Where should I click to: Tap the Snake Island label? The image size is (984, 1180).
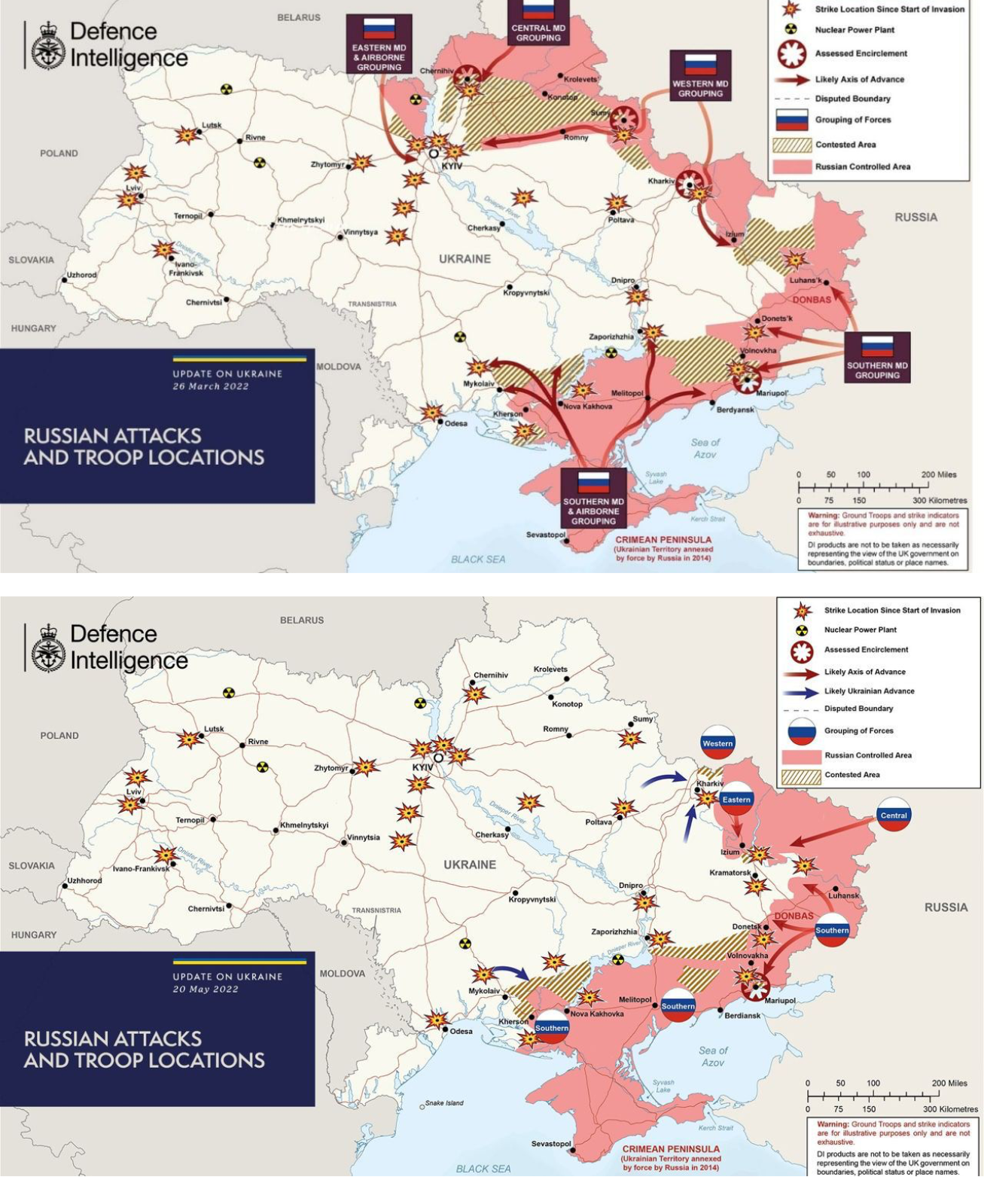pyautogui.click(x=444, y=1102)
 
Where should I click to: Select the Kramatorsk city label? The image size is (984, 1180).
pyautogui.click(x=730, y=873)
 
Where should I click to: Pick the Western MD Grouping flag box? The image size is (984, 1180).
pyautogui.click(x=700, y=76)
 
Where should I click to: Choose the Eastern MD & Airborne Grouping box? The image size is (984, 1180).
pyautogui.click(x=379, y=44)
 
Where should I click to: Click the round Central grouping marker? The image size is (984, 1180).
pyautogui.click(x=894, y=815)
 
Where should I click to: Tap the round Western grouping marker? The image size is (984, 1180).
pyautogui.click(x=717, y=743)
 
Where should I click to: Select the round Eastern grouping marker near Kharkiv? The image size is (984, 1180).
pyautogui.click(x=736, y=799)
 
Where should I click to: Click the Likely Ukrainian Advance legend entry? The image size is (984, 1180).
pyautogui.click(x=869, y=691)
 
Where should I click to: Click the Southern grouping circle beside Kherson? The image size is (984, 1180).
pyautogui.click(x=552, y=1029)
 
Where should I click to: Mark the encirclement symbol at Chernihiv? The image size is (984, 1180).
pyautogui.click(x=468, y=76)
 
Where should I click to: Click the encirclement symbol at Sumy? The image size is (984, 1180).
pyautogui.click(x=623, y=120)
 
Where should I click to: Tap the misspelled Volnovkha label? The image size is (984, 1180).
pyautogui.click(x=758, y=351)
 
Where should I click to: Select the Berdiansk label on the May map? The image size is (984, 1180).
pyautogui.click(x=742, y=1015)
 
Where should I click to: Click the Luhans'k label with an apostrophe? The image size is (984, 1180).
pyautogui.click(x=805, y=280)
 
